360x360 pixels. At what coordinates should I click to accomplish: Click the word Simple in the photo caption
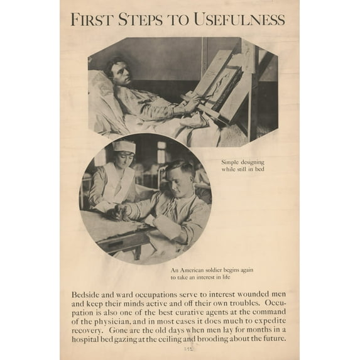click(232, 162)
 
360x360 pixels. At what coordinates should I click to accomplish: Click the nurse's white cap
click(124, 146)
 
